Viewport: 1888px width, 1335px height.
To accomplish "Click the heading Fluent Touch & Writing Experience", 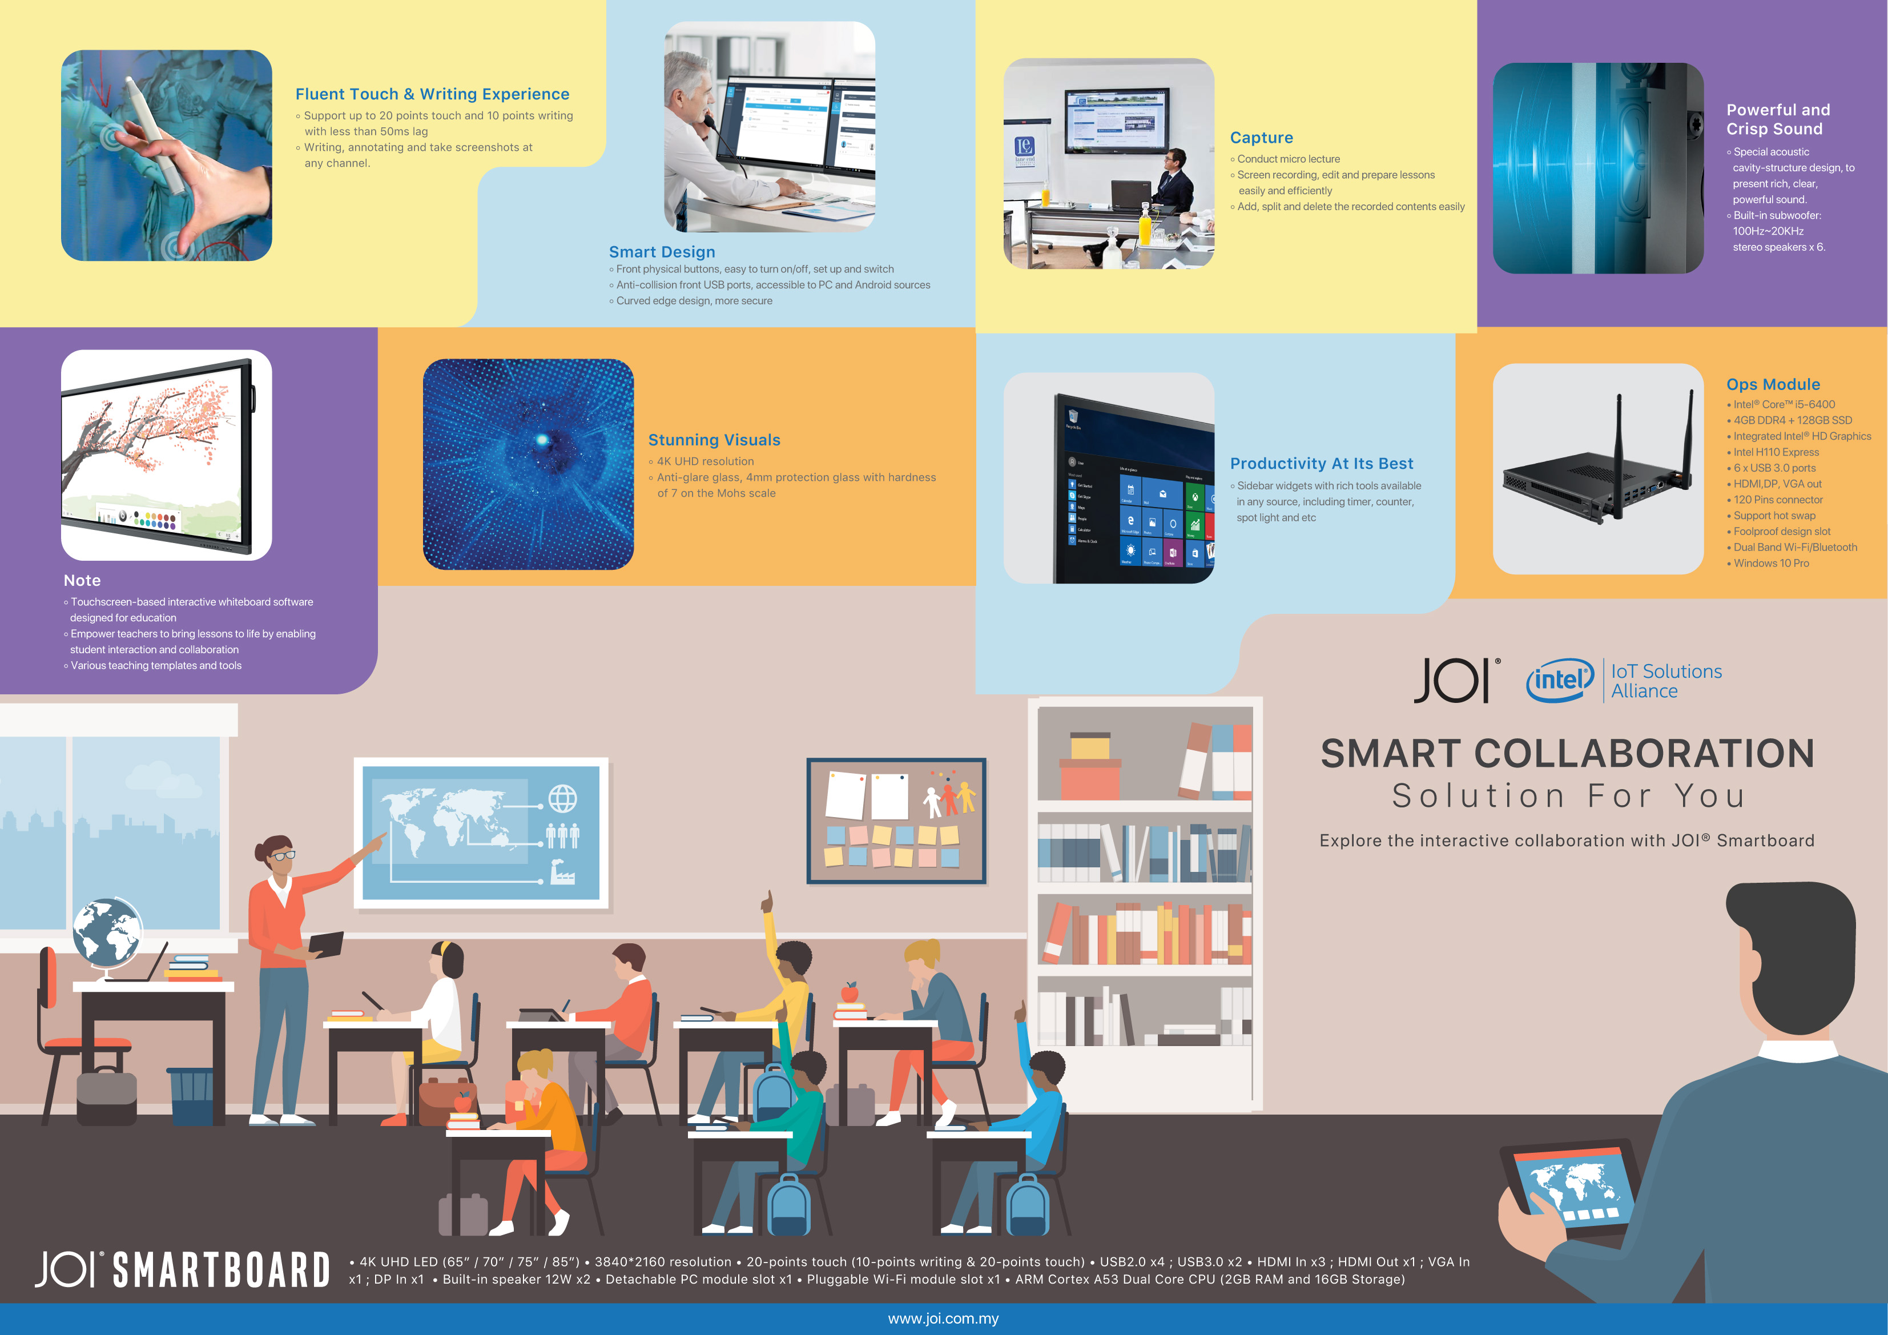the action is click(x=433, y=95).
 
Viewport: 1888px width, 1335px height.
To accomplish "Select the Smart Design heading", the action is click(x=662, y=252).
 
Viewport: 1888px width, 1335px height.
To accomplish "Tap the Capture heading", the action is click(x=1261, y=138).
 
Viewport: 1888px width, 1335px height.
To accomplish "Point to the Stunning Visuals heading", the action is click(x=714, y=440).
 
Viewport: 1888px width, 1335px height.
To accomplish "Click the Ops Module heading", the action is click(x=1773, y=384).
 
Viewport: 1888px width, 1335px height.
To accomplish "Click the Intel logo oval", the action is click(x=1560, y=679).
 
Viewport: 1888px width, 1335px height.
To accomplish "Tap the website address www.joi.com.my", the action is click(x=943, y=1318).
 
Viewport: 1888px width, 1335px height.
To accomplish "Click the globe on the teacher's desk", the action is click(x=107, y=932).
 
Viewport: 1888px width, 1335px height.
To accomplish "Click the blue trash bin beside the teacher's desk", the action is click(x=191, y=1096).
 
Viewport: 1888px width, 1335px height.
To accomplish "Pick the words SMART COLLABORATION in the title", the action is click(x=1567, y=754).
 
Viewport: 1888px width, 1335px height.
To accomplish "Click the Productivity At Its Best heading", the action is click(x=1322, y=464).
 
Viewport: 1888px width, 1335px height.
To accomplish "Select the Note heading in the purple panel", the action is click(x=82, y=581).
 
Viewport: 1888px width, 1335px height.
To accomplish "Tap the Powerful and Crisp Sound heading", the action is click(x=1778, y=119).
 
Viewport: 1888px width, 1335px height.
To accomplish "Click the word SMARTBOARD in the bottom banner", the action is click(x=221, y=1270).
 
